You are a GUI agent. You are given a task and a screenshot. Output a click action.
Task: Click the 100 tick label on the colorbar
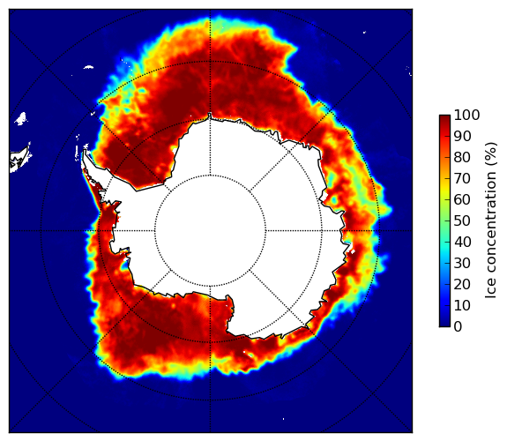(x=466, y=115)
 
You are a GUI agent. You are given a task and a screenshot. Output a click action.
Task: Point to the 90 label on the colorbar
(x=462, y=136)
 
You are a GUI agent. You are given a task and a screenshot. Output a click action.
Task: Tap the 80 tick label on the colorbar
(x=462, y=157)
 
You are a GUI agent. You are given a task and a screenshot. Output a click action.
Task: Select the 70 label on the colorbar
(x=462, y=178)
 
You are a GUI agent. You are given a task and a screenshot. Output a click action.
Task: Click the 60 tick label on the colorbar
(x=462, y=199)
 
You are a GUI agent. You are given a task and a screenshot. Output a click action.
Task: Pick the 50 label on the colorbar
(x=462, y=221)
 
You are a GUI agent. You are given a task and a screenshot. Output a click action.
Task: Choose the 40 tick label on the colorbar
(x=462, y=242)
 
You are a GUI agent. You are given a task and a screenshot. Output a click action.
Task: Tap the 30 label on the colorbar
(x=462, y=264)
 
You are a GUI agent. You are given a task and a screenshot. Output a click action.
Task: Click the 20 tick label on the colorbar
(x=462, y=284)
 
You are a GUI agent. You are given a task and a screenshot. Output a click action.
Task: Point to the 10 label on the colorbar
(x=462, y=305)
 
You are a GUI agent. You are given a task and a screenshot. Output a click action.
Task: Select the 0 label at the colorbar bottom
(x=459, y=327)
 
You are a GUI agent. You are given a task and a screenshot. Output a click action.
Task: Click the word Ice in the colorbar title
(x=490, y=290)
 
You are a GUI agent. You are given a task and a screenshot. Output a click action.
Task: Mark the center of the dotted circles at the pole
(x=210, y=231)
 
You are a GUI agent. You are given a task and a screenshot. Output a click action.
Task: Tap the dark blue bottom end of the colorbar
(x=444, y=325)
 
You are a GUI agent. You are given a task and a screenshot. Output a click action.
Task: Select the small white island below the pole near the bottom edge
(x=284, y=419)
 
